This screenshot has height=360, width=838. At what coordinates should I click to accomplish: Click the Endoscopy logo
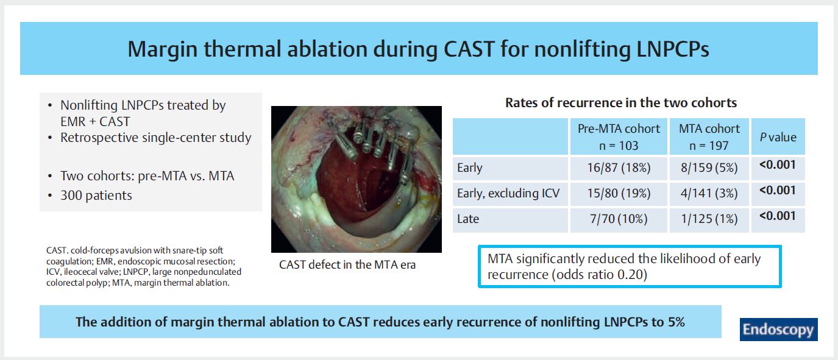tap(778, 330)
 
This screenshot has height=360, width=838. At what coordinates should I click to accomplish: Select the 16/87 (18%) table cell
tap(619, 168)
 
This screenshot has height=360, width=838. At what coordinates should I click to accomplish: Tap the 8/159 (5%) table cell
tap(709, 168)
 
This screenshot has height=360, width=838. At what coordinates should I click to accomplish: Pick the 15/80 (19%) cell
tap(619, 194)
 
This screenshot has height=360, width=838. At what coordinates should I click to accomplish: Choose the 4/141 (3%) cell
tap(709, 194)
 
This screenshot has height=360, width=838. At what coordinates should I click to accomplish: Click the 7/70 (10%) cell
tap(619, 219)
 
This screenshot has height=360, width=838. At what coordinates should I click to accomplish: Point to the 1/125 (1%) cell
tap(709, 219)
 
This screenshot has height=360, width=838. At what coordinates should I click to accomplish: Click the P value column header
tap(778, 137)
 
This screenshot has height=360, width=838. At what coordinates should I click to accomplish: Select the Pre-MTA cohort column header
tap(619, 137)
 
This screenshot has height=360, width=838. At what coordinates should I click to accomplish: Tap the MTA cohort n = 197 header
tap(709, 137)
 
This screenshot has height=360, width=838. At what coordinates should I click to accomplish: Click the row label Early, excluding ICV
tap(508, 193)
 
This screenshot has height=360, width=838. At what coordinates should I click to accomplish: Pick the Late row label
tap(467, 219)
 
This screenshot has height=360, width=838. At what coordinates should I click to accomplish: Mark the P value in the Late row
tap(778, 216)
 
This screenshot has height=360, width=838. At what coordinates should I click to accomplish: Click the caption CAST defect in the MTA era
tap(347, 265)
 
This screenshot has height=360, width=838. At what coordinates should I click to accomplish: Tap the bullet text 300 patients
tap(96, 196)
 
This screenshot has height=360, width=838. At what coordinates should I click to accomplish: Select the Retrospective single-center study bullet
tap(155, 138)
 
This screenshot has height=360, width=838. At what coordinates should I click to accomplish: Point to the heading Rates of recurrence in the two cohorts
tap(621, 103)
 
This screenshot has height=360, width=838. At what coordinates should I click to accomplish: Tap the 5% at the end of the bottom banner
tap(676, 322)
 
